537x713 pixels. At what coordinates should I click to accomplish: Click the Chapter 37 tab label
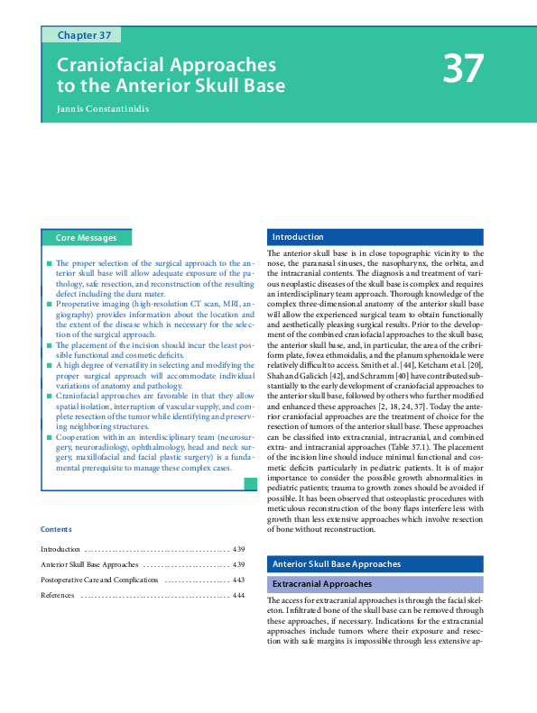point(85,35)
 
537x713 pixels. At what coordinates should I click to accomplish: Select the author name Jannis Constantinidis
point(103,109)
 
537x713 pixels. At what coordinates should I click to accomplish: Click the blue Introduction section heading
point(298,237)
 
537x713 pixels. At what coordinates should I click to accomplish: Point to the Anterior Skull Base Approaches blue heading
point(336,564)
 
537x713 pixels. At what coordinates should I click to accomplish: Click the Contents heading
point(56,529)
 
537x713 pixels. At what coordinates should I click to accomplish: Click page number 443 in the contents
point(238,580)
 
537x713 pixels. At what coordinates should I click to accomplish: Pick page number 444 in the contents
point(238,596)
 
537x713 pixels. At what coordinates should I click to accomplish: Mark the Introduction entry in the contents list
point(61,549)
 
